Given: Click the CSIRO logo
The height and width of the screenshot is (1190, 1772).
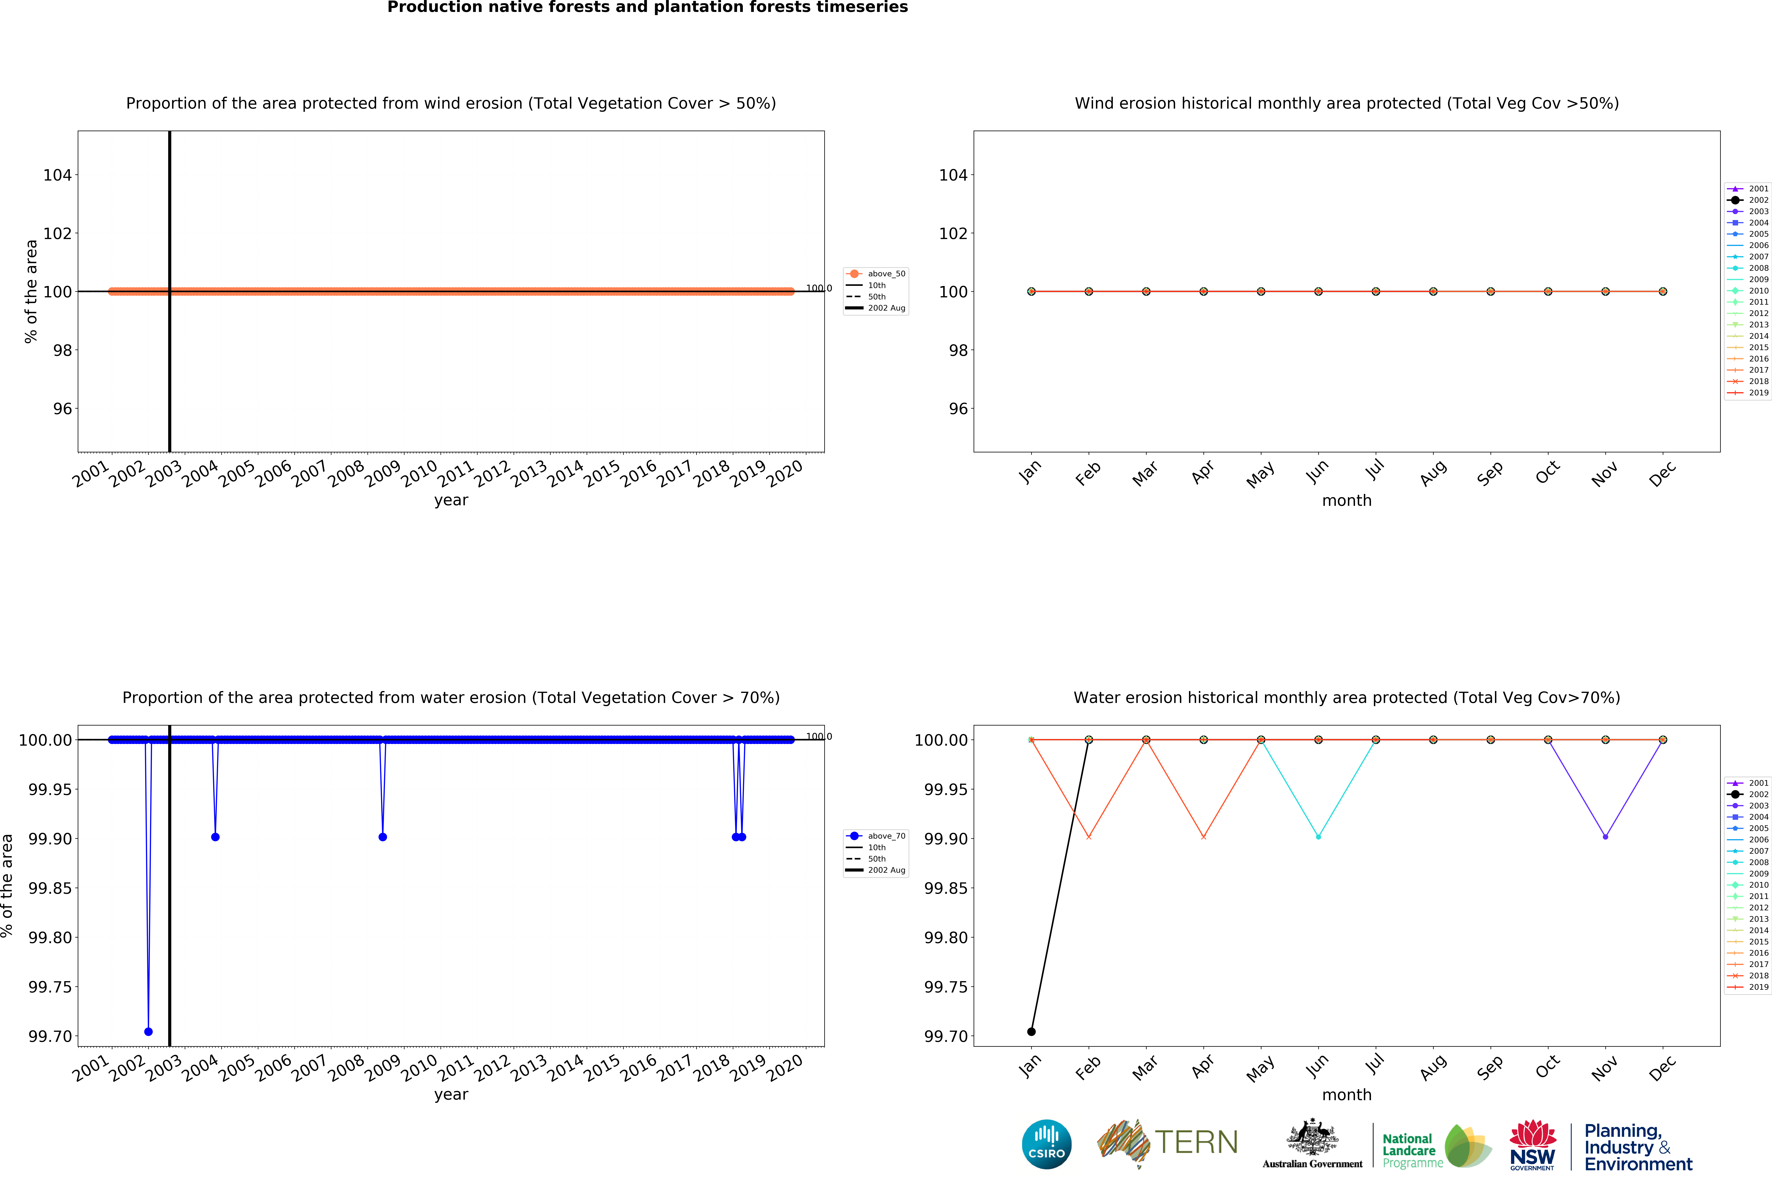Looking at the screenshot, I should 1046,1144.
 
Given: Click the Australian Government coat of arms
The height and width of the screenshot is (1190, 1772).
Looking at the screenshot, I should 1312,1138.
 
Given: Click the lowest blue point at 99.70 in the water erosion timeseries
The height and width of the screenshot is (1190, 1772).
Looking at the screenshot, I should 148,1031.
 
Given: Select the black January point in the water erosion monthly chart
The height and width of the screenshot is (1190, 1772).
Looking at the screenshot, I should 1031,1031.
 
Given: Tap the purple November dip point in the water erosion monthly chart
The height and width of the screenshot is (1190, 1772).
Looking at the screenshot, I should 1605,836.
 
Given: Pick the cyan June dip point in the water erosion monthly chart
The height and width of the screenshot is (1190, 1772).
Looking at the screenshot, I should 1318,836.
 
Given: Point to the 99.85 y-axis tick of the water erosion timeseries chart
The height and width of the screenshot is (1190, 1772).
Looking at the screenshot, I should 50,888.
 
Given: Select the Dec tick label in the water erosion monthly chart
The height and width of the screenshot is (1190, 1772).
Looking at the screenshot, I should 1663,1068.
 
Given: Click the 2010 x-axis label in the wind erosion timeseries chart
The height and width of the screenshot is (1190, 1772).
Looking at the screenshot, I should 419,474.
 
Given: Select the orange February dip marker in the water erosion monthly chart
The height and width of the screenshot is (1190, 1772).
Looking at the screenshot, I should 1089,836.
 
